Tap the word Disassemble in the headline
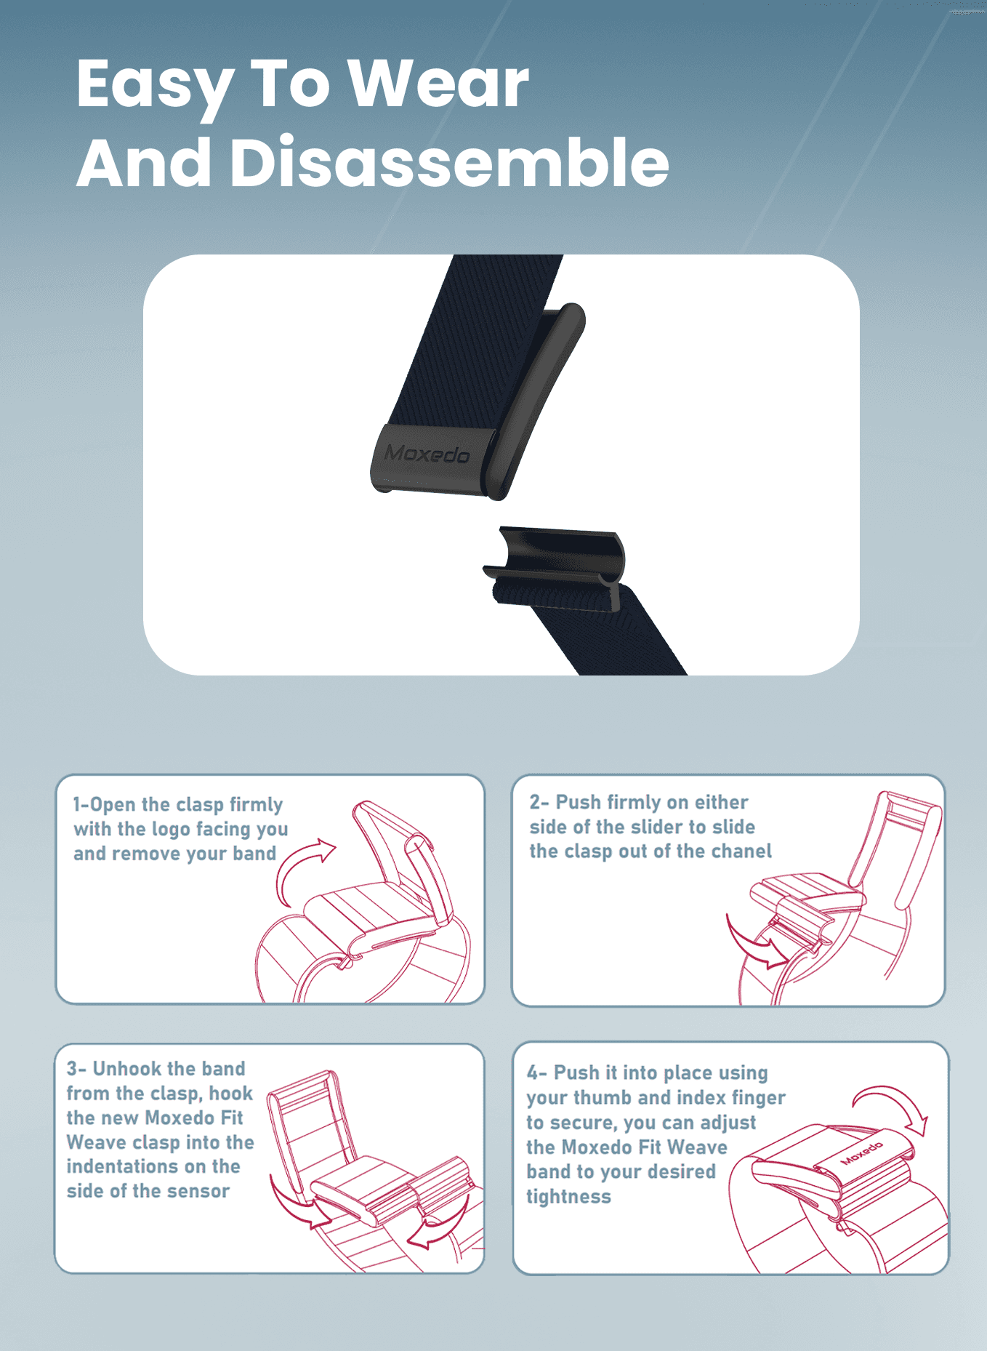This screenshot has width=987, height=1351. (x=450, y=162)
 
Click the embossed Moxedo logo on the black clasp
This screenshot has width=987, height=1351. (x=427, y=454)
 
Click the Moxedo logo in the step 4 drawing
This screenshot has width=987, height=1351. (x=862, y=1153)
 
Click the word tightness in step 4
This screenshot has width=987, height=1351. (x=568, y=1197)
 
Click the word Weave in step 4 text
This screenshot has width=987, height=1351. (x=697, y=1147)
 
